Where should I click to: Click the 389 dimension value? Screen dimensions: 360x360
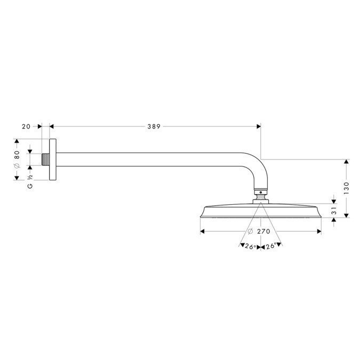[x=154, y=126]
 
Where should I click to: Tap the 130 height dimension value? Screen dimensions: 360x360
[x=346, y=187]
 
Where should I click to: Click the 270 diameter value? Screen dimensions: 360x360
[x=263, y=231]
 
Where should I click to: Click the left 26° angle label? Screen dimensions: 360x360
[x=250, y=246]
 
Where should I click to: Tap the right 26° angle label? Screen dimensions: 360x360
[x=270, y=246]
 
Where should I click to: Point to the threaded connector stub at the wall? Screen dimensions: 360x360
[x=45, y=160]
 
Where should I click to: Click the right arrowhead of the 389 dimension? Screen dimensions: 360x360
[x=259, y=126]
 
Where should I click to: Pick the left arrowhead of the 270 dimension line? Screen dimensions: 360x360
[x=202, y=231]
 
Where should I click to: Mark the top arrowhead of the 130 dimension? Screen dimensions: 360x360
[x=346, y=162]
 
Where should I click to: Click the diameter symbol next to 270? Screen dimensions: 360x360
[x=250, y=231]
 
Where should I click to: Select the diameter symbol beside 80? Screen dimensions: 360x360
[x=17, y=166]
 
